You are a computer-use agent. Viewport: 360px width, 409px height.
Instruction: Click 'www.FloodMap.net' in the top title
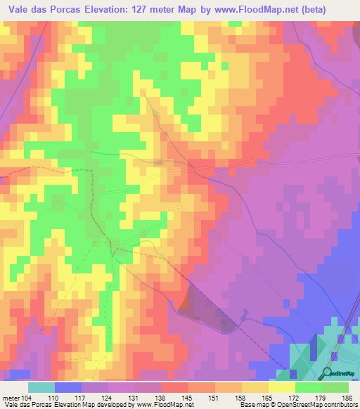268,9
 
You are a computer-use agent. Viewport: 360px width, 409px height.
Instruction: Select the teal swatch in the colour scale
41,387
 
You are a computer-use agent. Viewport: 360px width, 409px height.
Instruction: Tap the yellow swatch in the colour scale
281,387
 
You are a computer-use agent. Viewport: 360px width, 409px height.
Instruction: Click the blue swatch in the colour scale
67,387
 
